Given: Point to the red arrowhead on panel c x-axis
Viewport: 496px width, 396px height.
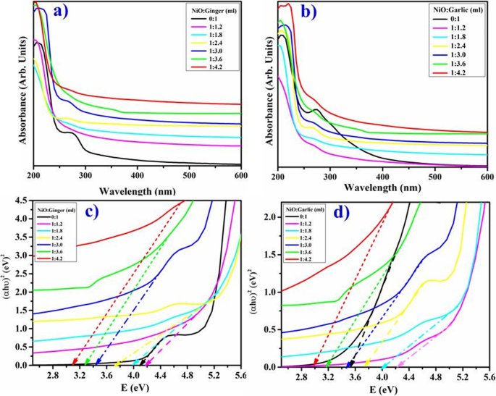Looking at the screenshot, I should point(75,363).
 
